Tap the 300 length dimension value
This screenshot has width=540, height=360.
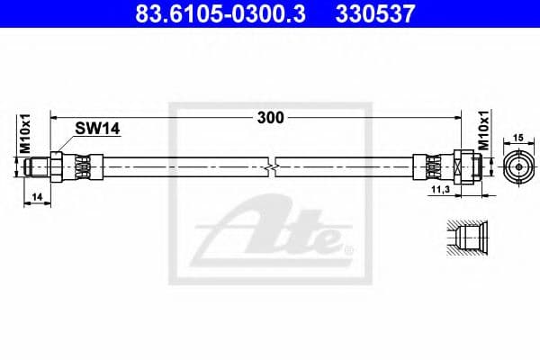[270, 118]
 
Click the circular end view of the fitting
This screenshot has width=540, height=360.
[518, 166]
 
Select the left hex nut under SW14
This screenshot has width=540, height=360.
[58, 166]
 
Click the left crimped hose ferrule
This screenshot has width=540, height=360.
[83, 166]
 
